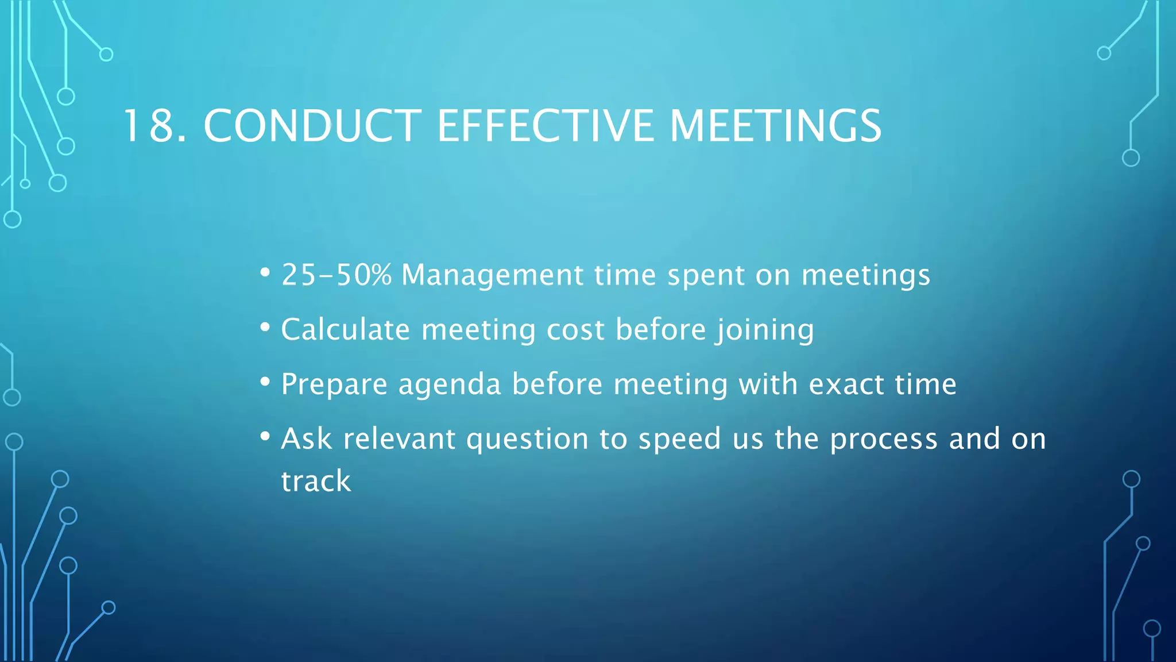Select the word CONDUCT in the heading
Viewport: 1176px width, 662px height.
(312, 126)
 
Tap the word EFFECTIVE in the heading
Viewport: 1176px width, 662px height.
(546, 126)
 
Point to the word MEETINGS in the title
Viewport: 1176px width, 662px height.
(775, 126)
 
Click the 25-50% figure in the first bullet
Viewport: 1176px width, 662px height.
(336, 275)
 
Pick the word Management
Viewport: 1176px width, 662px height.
(492, 275)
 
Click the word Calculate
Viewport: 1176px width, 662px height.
(345, 329)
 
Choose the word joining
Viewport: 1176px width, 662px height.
(764, 330)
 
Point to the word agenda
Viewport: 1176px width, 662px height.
(450, 384)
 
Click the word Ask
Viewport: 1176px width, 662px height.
(306, 438)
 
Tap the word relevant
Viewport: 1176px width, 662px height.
(399, 438)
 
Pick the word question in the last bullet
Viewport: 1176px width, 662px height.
(527, 440)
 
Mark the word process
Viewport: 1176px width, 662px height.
(884, 440)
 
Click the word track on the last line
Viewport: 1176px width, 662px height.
(316, 481)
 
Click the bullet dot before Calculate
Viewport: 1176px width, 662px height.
(265, 328)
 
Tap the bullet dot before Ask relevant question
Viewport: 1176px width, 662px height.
(265, 437)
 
